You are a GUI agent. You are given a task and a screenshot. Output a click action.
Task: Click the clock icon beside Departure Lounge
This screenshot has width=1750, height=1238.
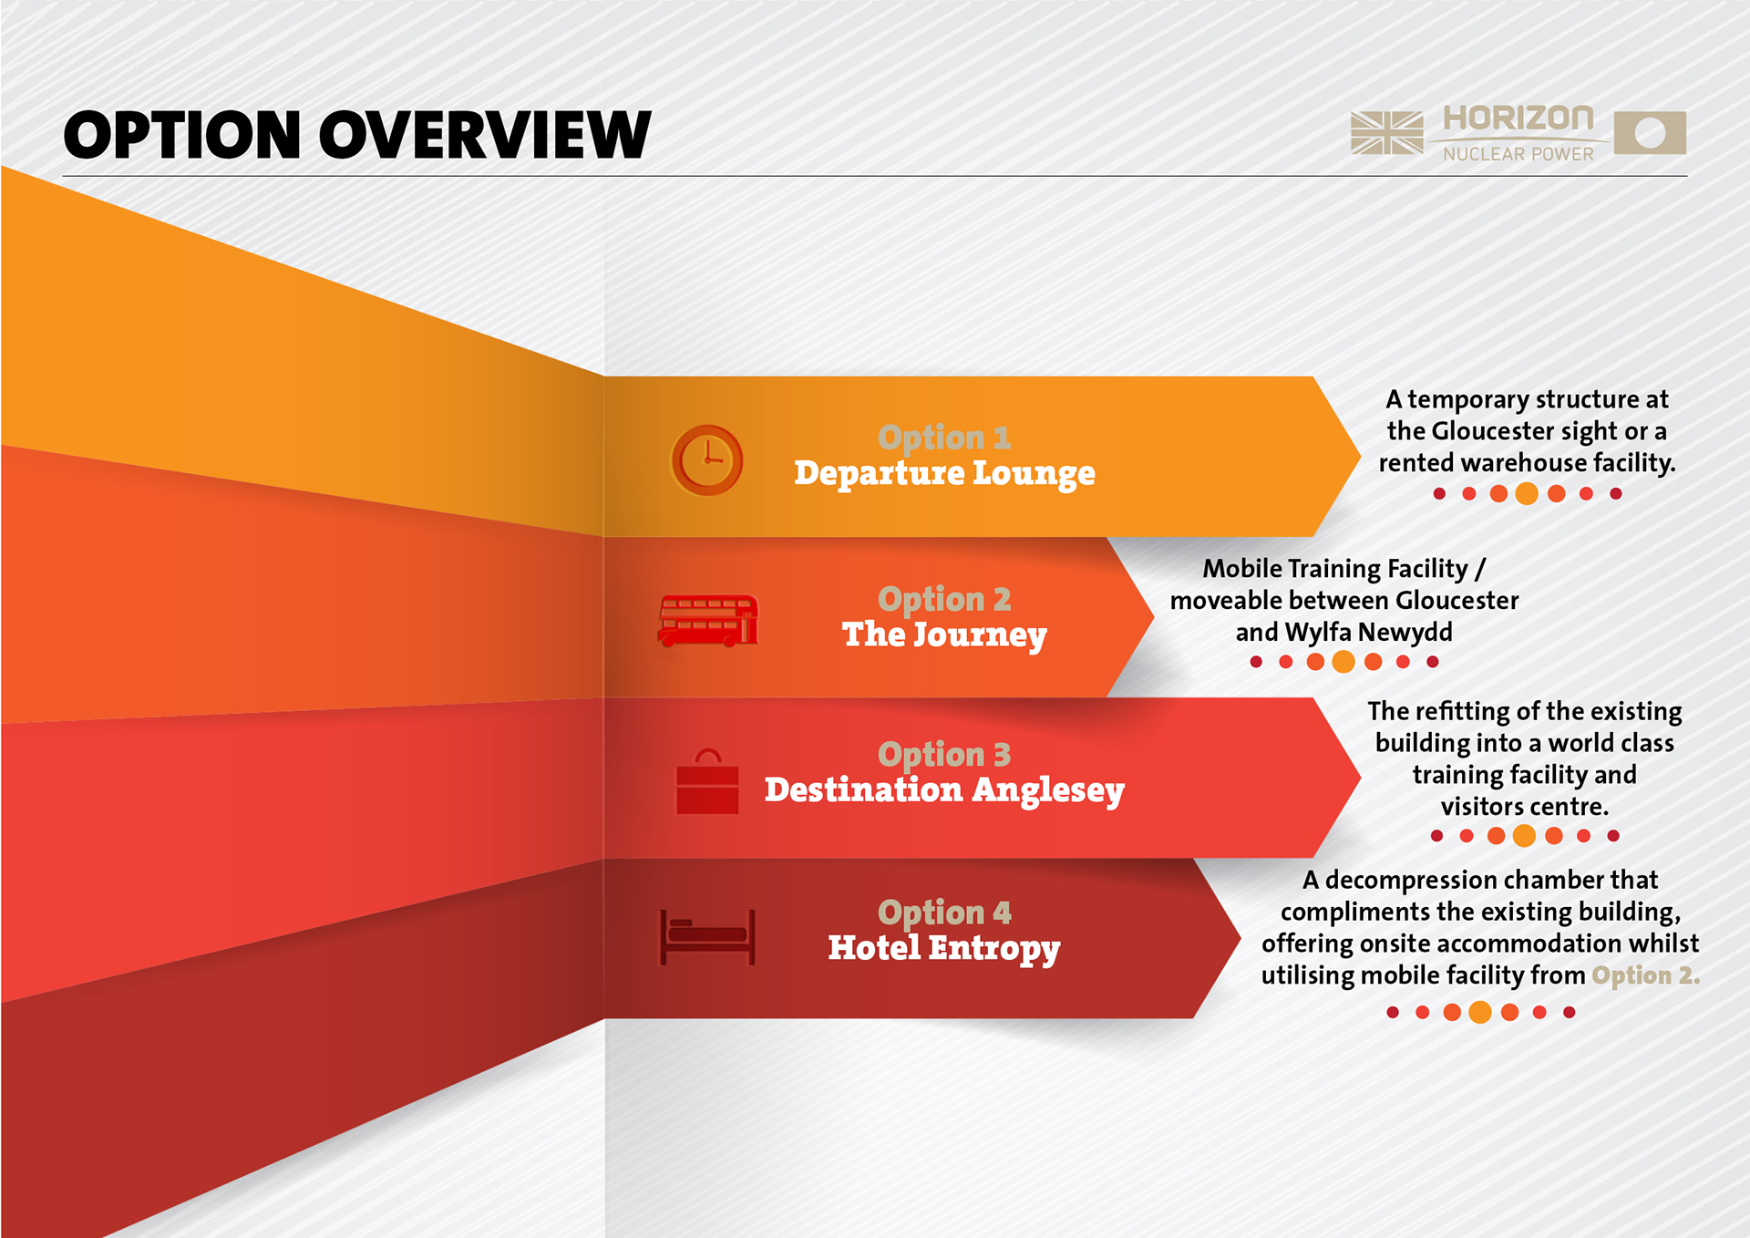coord(706,460)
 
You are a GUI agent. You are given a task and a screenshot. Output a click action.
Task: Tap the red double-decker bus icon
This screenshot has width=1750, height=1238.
coord(708,621)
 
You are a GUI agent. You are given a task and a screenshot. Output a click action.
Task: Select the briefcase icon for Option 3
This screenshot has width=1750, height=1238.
coord(707,782)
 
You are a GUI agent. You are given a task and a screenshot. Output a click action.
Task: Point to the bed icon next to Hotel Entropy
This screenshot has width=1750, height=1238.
coord(707,937)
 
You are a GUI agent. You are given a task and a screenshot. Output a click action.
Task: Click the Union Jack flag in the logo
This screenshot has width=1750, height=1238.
coord(1386,133)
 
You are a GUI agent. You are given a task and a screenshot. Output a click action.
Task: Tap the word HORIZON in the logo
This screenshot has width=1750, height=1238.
coord(1518,119)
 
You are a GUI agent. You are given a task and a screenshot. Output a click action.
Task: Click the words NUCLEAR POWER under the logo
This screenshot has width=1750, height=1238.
coord(1518,154)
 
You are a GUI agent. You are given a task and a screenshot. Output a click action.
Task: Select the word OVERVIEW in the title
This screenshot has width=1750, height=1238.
coord(484,135)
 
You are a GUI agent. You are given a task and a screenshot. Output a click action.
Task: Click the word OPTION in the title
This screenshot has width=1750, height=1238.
coord(181,135)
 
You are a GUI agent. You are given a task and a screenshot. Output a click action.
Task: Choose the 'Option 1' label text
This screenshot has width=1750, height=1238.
coord(944,438)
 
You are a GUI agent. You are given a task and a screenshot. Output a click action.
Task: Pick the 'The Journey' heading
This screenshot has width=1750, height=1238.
coord(944,634)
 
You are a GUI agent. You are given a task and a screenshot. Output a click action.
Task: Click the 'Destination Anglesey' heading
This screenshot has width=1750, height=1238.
coord(944,790)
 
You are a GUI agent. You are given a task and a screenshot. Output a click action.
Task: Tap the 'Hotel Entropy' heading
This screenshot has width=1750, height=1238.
coord(944,948)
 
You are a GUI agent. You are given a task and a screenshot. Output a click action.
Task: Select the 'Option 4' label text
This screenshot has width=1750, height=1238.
coord(944,913)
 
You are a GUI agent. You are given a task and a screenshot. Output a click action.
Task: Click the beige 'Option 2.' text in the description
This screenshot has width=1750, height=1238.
coord(1645,975)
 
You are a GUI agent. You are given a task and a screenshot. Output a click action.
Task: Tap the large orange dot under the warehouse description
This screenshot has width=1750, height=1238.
coord(1527,494)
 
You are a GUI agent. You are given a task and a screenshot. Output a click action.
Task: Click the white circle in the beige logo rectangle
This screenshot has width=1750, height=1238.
coord(1650,133)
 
